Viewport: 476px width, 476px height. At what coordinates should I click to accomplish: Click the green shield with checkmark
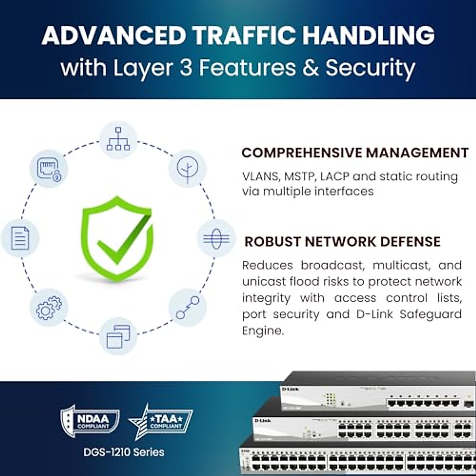pyautogui.click(x=117, y=238)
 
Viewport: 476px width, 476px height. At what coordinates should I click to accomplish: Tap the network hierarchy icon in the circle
pyautogui.click(x=118, y=139)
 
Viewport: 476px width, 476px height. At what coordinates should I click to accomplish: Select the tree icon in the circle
pyautogui.click(x=187, y=169)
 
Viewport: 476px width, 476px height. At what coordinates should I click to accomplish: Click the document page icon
pyautogui.click(x=20, y=238)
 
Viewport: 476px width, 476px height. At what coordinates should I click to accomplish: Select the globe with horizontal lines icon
pyautogui.click(x=216, y=238)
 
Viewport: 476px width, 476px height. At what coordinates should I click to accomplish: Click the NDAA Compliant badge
pyautogui.click(x=90, y=421)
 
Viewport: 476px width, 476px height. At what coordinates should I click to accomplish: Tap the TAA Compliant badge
pyautogui.click(x=161, y=421)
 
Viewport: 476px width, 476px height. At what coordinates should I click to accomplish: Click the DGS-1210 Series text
pyautogui.click(x=124, y=452)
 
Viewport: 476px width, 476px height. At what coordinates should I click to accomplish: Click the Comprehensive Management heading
pyautogui.click(x=355, y=153)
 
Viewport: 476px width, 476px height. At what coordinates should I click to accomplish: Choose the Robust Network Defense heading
pyautogui.click(x=342, y=242)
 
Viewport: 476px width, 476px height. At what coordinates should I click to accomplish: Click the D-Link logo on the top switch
pyautogui.click(x=290, y=389)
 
